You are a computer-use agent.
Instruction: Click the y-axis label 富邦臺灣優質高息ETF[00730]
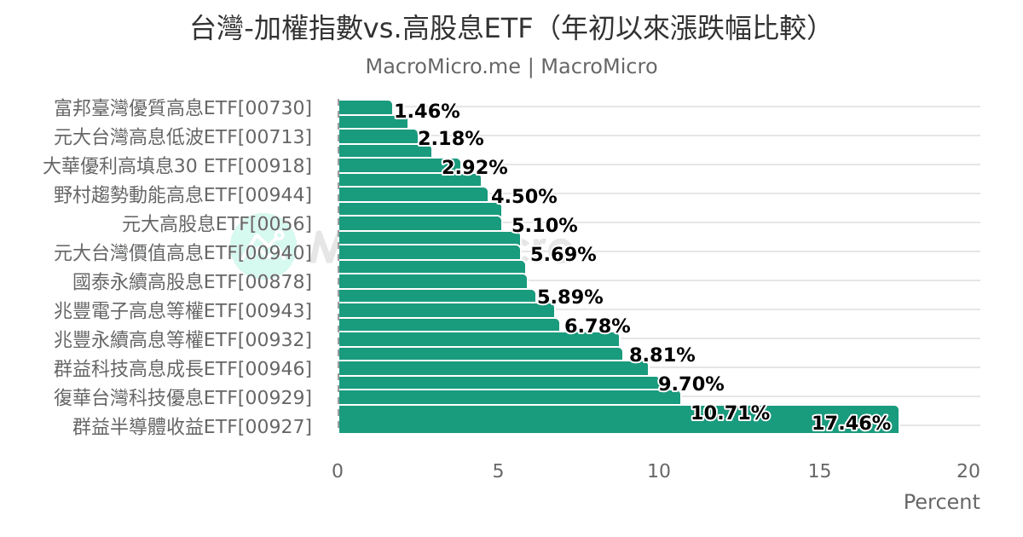point(183,108)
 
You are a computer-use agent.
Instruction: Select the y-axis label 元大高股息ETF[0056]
point(217,224)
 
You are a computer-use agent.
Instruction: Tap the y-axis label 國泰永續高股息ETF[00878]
point(193,282)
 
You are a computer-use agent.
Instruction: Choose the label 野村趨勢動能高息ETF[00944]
point(183,195)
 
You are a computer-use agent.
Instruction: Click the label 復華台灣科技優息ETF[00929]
point(183,398)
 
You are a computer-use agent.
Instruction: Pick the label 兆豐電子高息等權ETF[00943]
point(183,311)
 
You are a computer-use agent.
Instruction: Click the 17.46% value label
point(851,423)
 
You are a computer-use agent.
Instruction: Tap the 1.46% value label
point(427,112)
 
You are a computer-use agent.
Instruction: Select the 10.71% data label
point(730,414)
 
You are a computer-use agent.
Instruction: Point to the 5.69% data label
point(563,255)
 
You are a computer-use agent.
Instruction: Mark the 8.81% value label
point(662,355)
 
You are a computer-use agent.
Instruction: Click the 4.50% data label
point(523,197)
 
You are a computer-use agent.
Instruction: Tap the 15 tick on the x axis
point(818,471)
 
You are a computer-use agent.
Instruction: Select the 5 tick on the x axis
point(498,471)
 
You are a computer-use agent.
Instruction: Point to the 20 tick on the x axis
point(968,471)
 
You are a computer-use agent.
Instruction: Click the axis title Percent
point(941,502)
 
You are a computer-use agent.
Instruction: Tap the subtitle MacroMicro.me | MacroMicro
point(511,66)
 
